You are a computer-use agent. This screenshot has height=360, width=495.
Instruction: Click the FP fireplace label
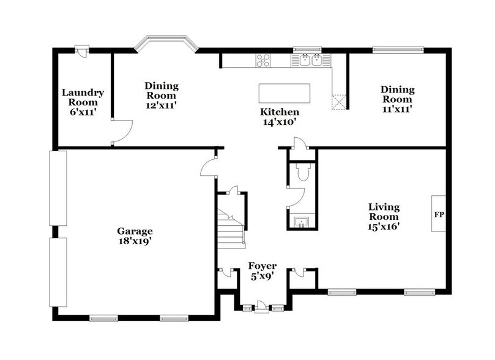[439, 214]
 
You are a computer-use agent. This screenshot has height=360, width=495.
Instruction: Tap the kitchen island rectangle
[284, 93]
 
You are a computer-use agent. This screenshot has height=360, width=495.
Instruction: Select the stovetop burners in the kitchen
[263, 61]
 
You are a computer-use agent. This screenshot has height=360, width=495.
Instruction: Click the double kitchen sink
[311, 60]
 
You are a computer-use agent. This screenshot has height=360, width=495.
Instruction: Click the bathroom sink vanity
[302, 222]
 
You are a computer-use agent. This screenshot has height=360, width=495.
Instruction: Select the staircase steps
[231, 227]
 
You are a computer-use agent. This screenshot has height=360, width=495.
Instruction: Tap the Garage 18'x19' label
[135, 236]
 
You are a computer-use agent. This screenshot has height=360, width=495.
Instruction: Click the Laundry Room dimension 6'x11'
[83, 112]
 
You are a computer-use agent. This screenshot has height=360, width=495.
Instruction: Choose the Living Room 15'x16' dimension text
[384, 227]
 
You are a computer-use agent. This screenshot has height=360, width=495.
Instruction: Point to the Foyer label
[262, 266]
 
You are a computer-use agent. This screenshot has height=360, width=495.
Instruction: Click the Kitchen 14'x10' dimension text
[280, 122]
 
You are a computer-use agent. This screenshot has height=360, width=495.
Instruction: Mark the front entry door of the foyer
[262, 307]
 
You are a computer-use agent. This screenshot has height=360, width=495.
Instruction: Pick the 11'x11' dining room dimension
[398, 109]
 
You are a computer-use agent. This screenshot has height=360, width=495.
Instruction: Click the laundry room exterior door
[82, 51]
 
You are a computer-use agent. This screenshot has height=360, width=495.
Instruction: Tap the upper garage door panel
[58, 188]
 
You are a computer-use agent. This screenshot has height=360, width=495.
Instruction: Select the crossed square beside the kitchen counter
[339, 102]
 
